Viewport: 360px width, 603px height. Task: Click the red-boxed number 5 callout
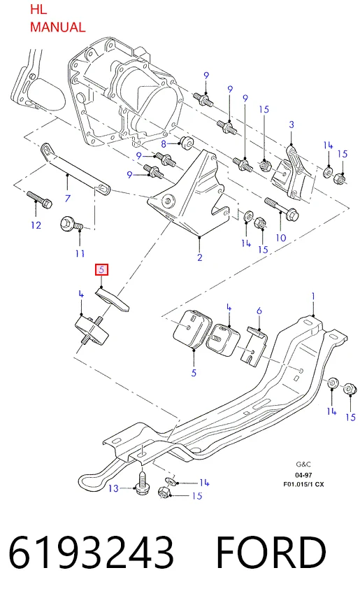(x=102, y=269)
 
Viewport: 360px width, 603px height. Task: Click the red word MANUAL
(x=57, y=27)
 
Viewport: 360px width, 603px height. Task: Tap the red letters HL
(x=38, y=10)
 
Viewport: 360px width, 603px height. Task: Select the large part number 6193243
(x=91, y=553)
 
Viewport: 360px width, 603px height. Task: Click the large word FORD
(x=271, y=553)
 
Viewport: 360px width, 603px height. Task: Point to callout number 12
(x=36, y=225)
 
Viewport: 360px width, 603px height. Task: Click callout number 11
(x=80, y=253)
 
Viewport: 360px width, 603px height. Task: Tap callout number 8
(x=164, y=144)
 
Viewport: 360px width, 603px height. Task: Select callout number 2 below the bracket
(x=200, y=257)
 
